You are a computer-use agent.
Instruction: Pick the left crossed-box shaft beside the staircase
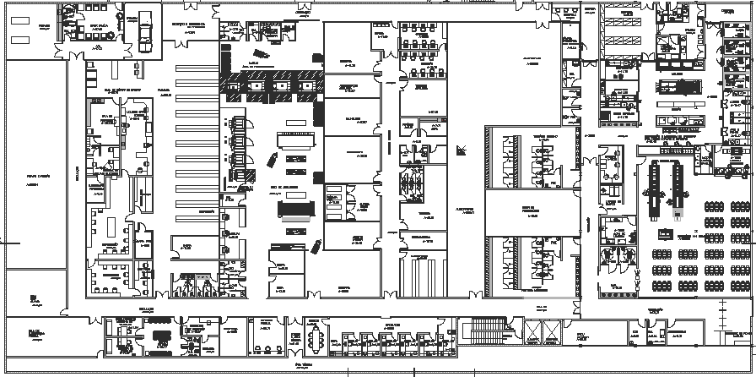pyautogui.click(x=532, y=332)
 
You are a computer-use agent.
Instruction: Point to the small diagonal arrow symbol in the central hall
pyautogui.click(x=460, y=150)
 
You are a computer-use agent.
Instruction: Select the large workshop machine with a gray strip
pyautogui.click(x=294, y=209)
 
